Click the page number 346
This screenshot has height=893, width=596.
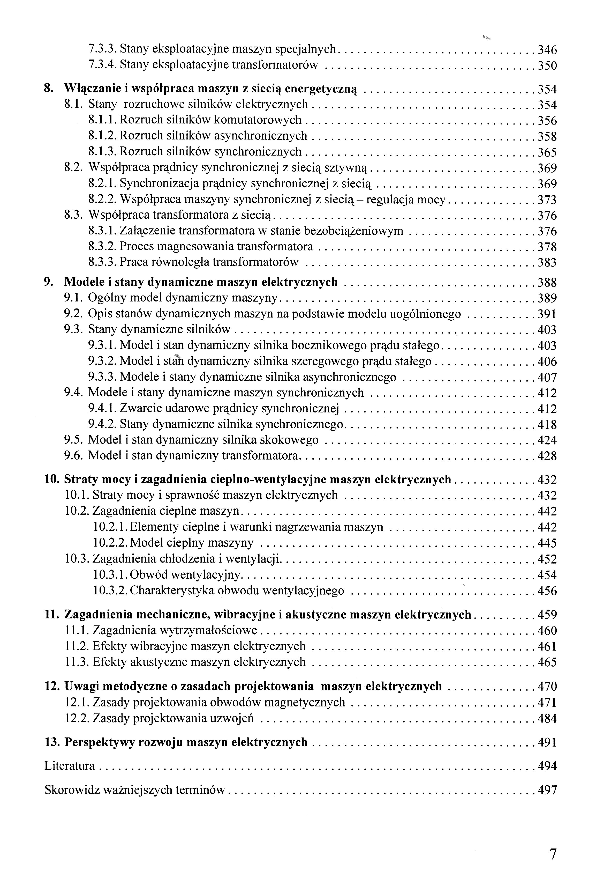(547, 50)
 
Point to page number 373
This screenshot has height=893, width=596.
(547, 200)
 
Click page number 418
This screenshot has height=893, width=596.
(547, 424)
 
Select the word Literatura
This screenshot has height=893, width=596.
(70, 766)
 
